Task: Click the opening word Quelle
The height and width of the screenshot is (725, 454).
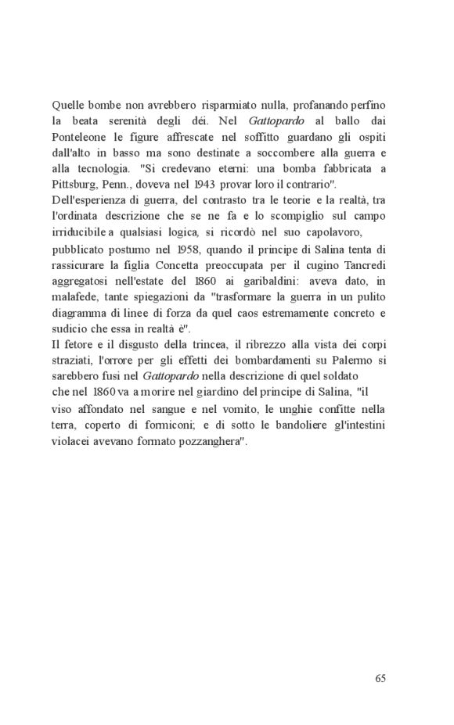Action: (67, 104)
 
